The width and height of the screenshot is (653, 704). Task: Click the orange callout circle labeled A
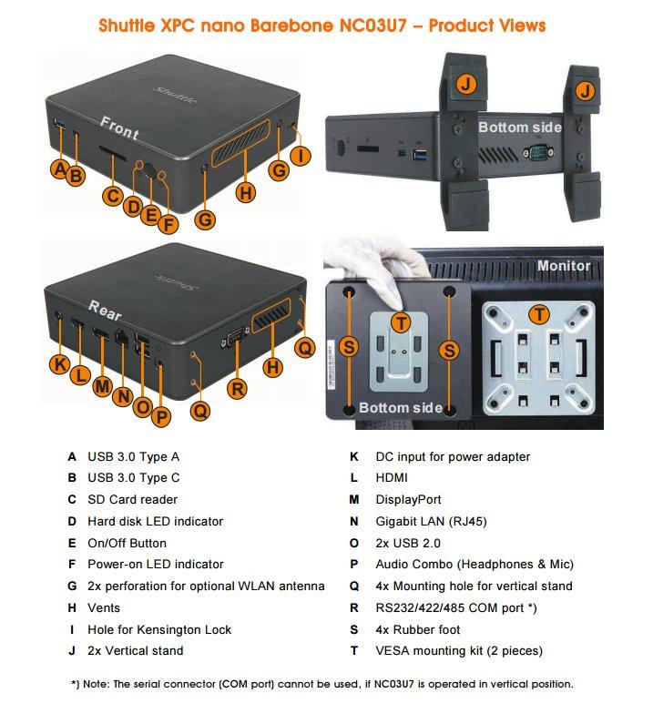click(60, 168)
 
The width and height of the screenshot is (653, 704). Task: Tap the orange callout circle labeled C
click(112, 196)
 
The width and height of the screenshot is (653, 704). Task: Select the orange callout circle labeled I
click(301, 156)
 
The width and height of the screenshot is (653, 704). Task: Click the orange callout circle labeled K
click(60, 363)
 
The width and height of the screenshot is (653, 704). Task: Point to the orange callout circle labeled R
click(237, 389)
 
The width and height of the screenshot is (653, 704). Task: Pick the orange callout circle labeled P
click(161, 416)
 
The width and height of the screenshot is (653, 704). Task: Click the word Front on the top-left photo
click(119, 128)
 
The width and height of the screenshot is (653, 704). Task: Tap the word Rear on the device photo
click(105, 311)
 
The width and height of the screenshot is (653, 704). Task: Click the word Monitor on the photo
click(564, 265)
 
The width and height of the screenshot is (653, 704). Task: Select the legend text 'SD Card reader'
click(132, 499)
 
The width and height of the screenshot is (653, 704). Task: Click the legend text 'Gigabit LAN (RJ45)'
click(431, 521)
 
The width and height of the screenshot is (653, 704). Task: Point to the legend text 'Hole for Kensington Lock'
click(159, 629)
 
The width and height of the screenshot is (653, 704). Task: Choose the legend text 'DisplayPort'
click(408, 500)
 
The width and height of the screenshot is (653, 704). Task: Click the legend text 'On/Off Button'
click(128, 544)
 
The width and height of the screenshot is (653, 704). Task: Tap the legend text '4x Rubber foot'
click(418, 629)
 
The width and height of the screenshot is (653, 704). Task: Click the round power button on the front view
click(149, 171)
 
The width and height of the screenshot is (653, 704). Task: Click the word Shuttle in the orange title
click(127, 26)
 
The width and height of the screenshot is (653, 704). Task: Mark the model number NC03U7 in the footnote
click(393, 684)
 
